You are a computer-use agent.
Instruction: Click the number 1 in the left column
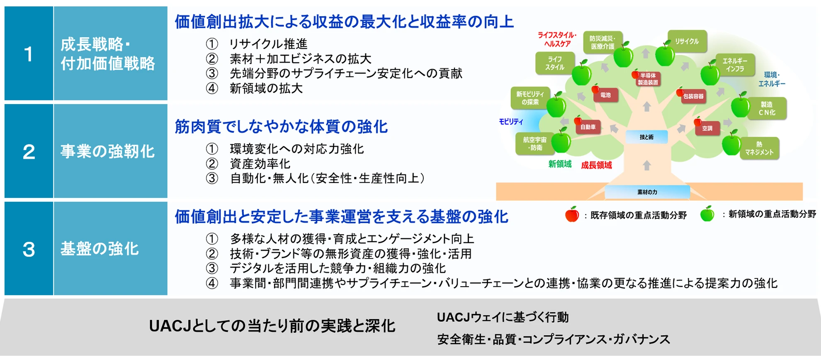[x=28, y=54]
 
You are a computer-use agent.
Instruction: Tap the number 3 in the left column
[x=28, y=249]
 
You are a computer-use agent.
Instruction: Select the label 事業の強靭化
[x=107, y=151]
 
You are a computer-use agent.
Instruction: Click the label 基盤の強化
[x=100, y=249]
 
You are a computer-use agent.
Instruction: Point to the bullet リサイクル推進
[x=268, y=44]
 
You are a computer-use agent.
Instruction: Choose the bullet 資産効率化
[x=260, y=164]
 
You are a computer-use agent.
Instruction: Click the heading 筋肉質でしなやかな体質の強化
[x=281, y=126]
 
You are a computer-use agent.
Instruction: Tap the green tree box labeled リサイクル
[x=687, y=41]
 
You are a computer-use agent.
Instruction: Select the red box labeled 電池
[x=605, y=95]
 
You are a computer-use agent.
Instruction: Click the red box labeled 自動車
[x=588, y=127]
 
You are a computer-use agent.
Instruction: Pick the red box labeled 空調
[x=707, y=128]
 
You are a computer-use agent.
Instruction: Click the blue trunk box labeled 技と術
[x=646, y=137]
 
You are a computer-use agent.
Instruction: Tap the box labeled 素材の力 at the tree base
[x=647, y=192]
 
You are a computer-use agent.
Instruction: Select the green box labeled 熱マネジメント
[x=759, y=148]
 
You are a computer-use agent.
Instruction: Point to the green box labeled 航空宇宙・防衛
[x=534, y=144]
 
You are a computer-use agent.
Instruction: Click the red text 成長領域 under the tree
[x=596, y=165]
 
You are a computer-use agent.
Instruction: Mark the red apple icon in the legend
[x=572, y=214]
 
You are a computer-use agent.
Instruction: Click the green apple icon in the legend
[x=707, y=214]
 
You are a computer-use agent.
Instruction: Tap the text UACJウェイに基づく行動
[x=503, y=317]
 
